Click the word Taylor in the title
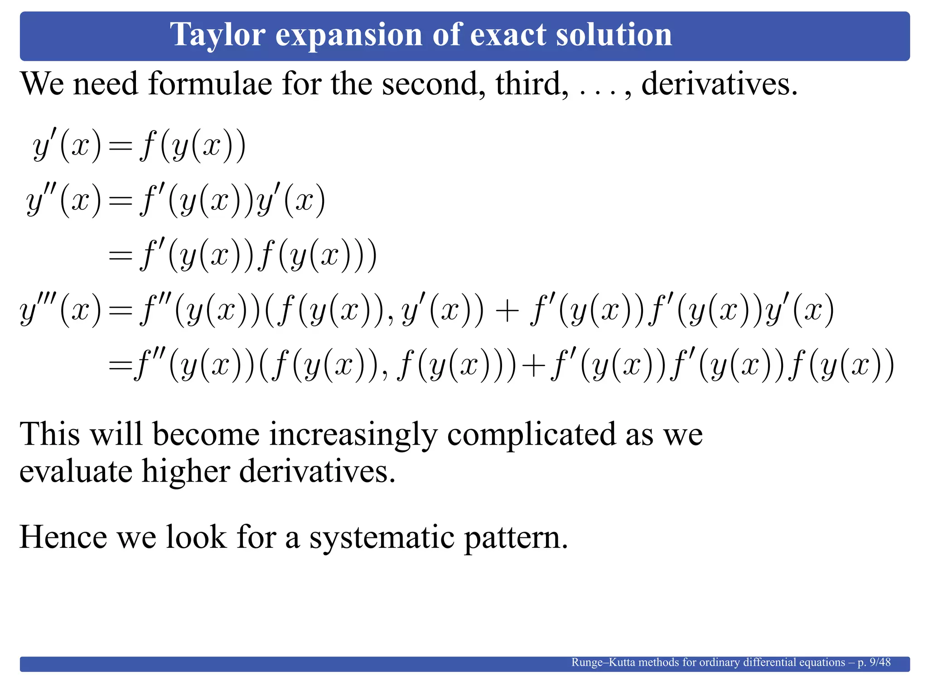217,35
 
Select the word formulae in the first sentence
210,84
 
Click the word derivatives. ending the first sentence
719,84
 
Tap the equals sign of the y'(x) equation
121,147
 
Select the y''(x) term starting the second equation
63,201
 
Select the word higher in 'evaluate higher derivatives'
186,471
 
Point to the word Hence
63,537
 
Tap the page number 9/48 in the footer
880,662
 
